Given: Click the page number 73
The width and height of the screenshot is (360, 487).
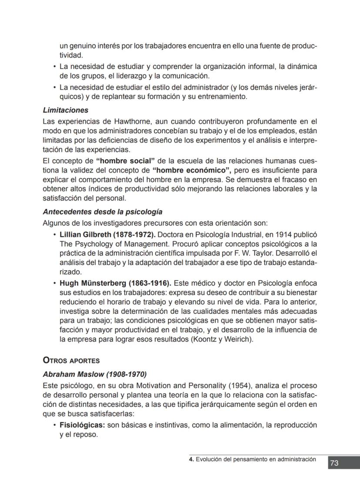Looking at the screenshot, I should click(334, 463).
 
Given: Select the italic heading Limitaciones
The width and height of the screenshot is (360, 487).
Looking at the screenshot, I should click(66, 111).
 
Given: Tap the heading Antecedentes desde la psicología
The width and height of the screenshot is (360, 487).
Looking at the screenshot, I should click(103, 212).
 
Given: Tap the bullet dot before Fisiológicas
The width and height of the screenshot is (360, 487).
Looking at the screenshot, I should click(54, 425).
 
